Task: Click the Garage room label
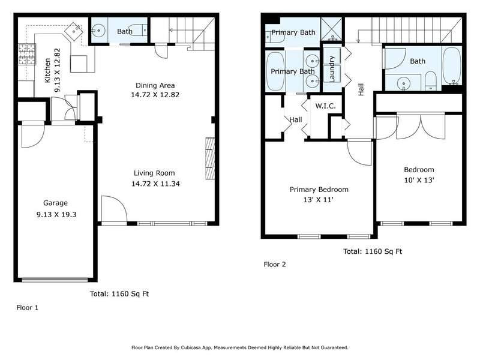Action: point(55,203)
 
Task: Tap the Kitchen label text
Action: point(47,70)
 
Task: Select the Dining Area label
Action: point(155,85)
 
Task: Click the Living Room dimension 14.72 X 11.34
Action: point(155,184)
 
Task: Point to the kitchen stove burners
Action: point(27,54)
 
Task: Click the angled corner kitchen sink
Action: point(74,31)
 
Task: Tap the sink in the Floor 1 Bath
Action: point(98,31)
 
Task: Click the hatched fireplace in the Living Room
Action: point(210,158)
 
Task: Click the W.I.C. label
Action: point(325,106)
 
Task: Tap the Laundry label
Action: point(332,69)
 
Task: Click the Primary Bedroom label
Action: point(319,190)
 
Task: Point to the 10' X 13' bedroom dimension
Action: point(419,180)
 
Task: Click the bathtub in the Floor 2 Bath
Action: point(452,66)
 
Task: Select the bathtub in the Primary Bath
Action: point(275,71)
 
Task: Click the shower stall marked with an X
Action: point(332,29)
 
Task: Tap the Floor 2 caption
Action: point(275,265)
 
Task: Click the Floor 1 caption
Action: point(27,308)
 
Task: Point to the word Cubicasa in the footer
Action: point(191,347)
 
